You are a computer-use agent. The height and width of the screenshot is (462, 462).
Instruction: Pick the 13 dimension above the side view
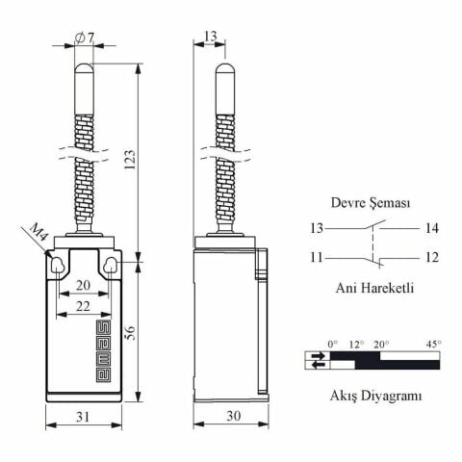coord(210,36)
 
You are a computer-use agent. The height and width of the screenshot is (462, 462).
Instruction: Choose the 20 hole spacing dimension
coord(85,285)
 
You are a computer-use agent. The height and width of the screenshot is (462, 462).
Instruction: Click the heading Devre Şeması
coord(371,204)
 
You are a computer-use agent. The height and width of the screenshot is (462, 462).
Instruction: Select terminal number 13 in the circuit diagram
coord(316,228)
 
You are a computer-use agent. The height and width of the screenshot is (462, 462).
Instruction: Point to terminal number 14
coord(429,228)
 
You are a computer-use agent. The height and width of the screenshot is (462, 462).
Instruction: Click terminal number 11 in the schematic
coord(316,257)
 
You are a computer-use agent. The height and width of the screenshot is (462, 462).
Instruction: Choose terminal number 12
coord(429,257)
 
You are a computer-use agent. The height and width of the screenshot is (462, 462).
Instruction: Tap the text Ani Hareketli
coord(374,287)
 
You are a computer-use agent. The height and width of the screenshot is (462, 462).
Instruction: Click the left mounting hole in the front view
coord(57,264)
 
